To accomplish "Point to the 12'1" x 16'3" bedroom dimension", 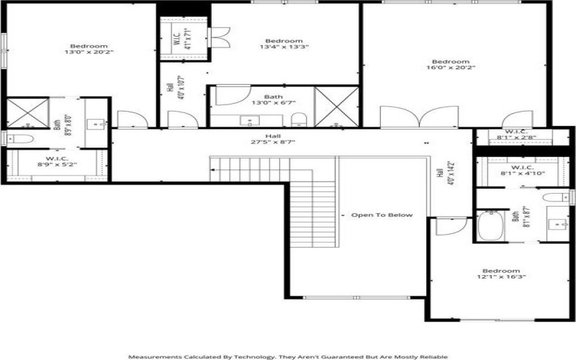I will click(501, 276).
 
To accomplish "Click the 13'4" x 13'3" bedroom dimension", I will click(284, 48).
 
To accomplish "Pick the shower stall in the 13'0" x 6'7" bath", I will click(336, 107).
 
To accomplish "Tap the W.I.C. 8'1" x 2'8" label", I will click(516, 135).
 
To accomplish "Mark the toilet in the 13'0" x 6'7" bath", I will click(300, 119).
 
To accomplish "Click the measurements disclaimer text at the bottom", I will click(288, 356).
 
